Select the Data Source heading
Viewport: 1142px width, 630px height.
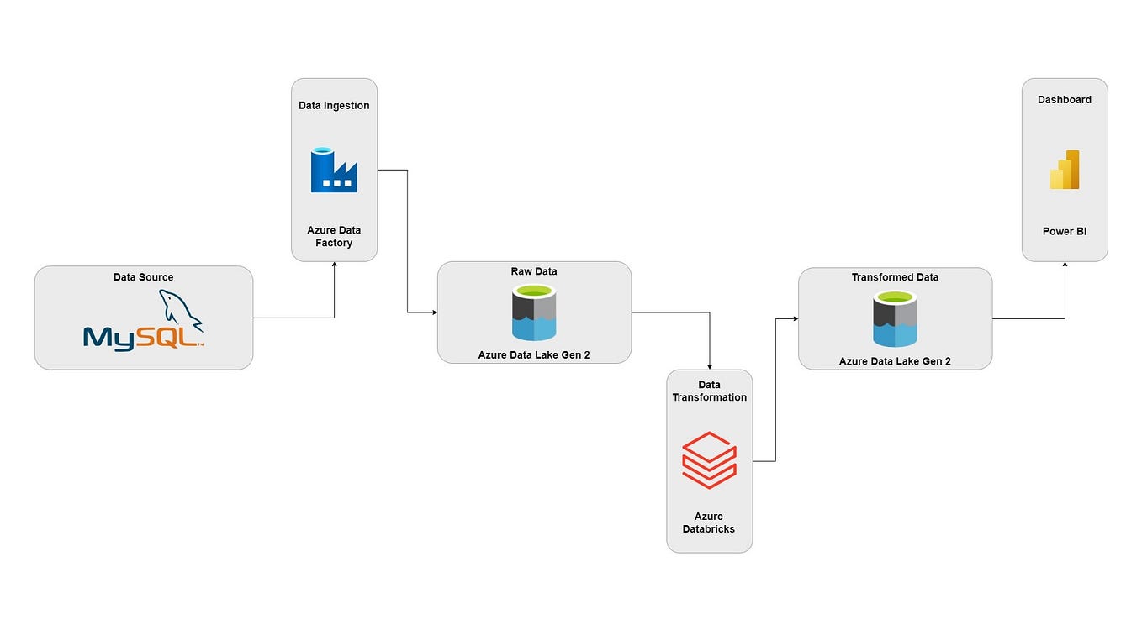coord(144,277)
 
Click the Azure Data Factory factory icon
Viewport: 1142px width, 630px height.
coord(334,171)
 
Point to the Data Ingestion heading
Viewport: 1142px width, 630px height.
coord(334,106)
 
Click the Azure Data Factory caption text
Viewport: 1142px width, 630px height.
coord(334,237)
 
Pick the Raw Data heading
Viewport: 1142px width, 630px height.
coord(534,271)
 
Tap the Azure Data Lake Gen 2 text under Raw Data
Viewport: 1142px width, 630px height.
coord(534,355)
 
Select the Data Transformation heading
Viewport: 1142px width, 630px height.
coord(709,391)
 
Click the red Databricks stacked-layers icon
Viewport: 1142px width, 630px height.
coord(709,460)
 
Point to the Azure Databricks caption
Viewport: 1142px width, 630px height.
coord(709,522)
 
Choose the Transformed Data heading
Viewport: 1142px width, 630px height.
coord(895,277)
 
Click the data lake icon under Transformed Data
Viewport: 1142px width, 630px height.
coord(895,318)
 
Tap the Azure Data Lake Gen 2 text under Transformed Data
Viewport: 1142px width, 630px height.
coord(895,362)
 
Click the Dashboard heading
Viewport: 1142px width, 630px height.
coord(1065,100)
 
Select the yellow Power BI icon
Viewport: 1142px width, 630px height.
coord(1065,170)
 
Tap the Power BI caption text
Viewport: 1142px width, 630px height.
coord(1065,232)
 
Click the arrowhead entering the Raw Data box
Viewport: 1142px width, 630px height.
coord(434,312)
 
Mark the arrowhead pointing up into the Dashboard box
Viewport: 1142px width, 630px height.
coord(1065,265)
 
